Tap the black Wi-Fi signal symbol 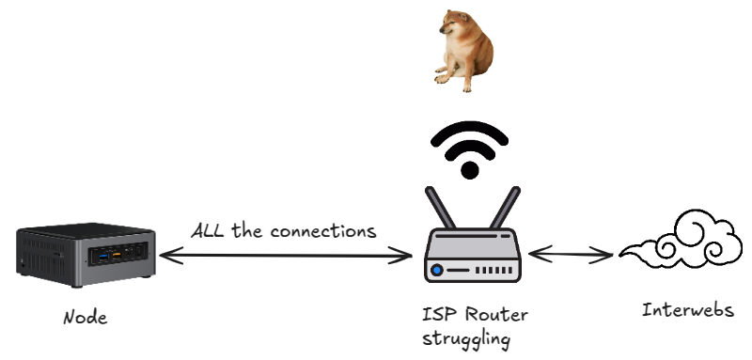470,147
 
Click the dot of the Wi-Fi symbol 470,170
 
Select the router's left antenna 437,210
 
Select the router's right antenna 504,210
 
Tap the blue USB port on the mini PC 101,254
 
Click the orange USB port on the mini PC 116,253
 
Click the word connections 324,230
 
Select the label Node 85,318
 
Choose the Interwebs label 687,310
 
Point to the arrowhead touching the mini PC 164,254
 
